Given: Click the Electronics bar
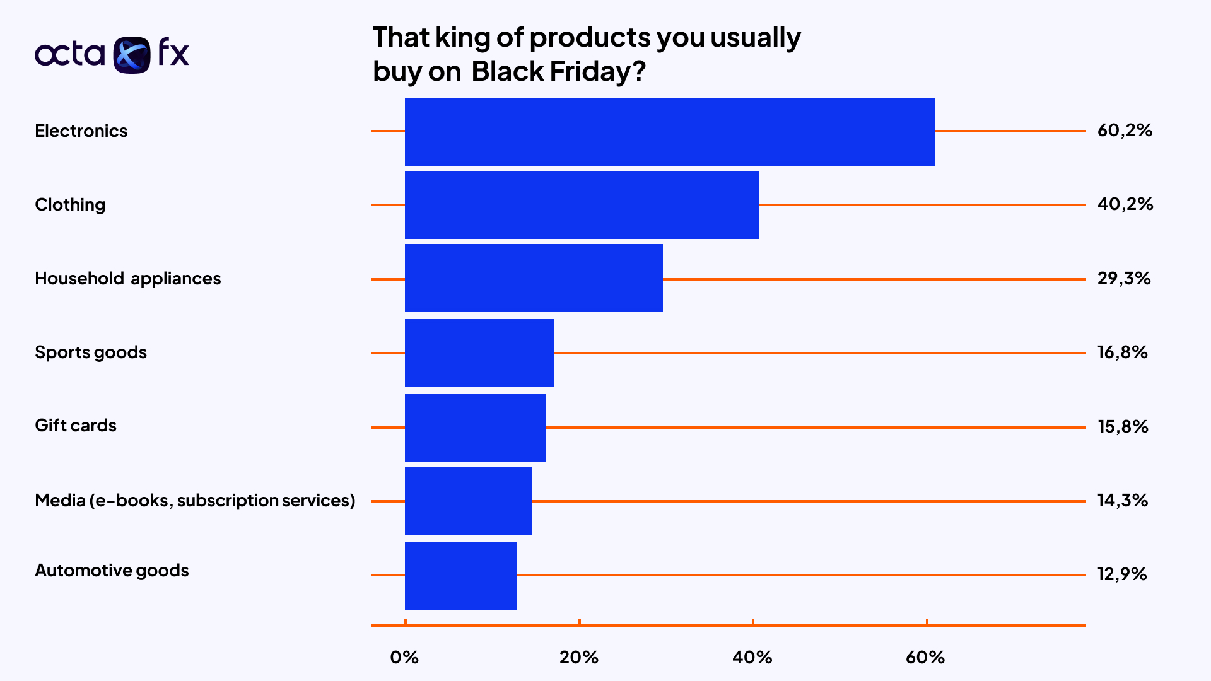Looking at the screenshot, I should tap(669, 132).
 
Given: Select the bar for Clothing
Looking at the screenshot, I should tap(582, 205).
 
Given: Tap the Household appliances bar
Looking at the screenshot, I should tap(534, 278).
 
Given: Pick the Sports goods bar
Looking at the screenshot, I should tap(479, 353).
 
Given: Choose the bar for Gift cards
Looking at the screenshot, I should tap(475, 428).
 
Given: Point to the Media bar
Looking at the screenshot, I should tap(468, 501).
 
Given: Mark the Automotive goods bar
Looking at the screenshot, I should tap(460, 576).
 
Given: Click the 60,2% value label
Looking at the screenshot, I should tap(1125, 131).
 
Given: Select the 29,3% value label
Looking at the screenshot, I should tap(1124, 278).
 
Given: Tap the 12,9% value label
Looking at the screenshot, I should tap(1122, 574).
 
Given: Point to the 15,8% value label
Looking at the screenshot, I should tap(1123, 427).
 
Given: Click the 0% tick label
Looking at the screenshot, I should tap(404, 658).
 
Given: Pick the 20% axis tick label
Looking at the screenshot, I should tap(579, 658).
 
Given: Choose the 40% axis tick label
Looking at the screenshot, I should tap(752, 658).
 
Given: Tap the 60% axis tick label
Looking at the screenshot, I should tap(925, 658).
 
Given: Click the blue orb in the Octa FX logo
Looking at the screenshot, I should tap(132, 55).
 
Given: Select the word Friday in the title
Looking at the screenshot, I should tap(590, 71).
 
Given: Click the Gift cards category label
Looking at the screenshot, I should tap(76, 426).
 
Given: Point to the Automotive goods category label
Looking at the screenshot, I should tap(112, 571).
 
